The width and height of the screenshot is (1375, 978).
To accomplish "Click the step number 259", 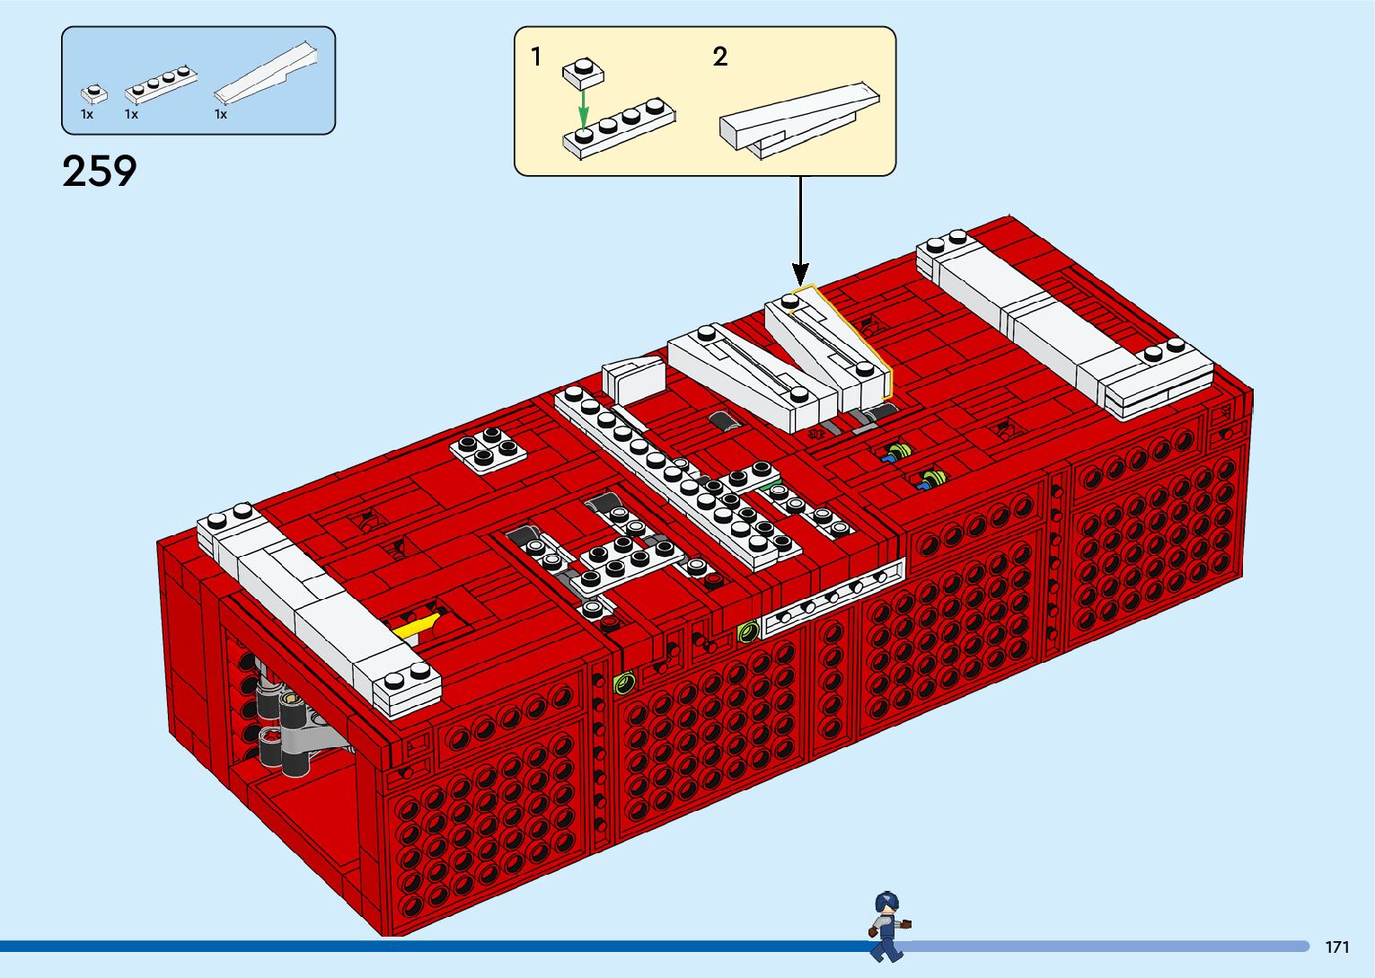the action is coord(99,171).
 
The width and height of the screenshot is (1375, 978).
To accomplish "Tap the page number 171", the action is coord(1337,947).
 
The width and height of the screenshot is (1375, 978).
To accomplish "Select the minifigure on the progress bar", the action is coord(887,925).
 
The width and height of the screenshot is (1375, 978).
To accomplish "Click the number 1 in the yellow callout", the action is coord(536,57).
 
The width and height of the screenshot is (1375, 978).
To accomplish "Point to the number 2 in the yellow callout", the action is coord(719,57).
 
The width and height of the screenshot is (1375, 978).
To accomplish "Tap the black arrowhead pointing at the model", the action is coord(800,274).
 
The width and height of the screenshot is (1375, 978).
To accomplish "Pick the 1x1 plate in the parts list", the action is coord(93,93).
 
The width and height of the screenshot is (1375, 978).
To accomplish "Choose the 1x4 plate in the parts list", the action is coord(161,84).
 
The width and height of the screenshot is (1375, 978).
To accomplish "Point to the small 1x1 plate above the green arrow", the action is coord(583,72).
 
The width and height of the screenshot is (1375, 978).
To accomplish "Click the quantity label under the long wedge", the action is coord(220,114).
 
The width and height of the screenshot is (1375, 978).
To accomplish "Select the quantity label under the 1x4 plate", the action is coord(131,114).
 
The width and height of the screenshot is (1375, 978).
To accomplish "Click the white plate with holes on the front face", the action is coord(833,596).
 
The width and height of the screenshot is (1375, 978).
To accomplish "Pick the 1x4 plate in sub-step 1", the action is coord(620,130).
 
